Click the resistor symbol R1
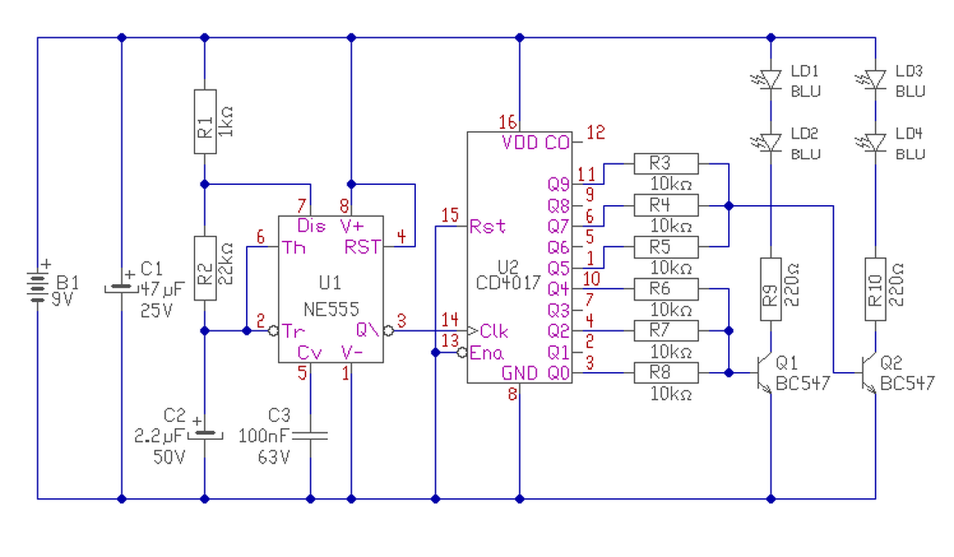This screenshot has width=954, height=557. click(x=205, y=122)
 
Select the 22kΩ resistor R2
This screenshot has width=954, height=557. click(x=205, y=268)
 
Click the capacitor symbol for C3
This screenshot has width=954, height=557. click(x=310, y=435)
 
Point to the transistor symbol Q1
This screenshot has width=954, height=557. click(x=765, y=374)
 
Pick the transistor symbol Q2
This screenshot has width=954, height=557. click(x=870, y=374)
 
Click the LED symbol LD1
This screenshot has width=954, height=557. click(x=769, y=80)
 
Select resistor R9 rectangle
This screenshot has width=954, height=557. click(x=771, y=289)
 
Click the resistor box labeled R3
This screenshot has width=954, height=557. click(x=666, y=163)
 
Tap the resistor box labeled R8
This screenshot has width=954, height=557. click(x=666, y=373)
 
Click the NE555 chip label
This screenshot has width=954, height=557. click(x=332, y=309)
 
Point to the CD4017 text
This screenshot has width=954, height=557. click(x=508, y=283)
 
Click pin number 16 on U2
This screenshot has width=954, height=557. click(x=508, y=123)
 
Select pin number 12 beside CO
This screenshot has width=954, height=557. click(x=596, y=133)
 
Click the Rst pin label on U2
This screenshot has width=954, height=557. click(x=487, y=226)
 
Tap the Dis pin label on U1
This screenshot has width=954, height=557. click(x=312, y=225)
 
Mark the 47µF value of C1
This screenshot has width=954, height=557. click(x=162, y=289)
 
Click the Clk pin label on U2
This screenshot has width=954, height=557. click(x=494, y=331)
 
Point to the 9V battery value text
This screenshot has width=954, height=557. click(x=62, y=299)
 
